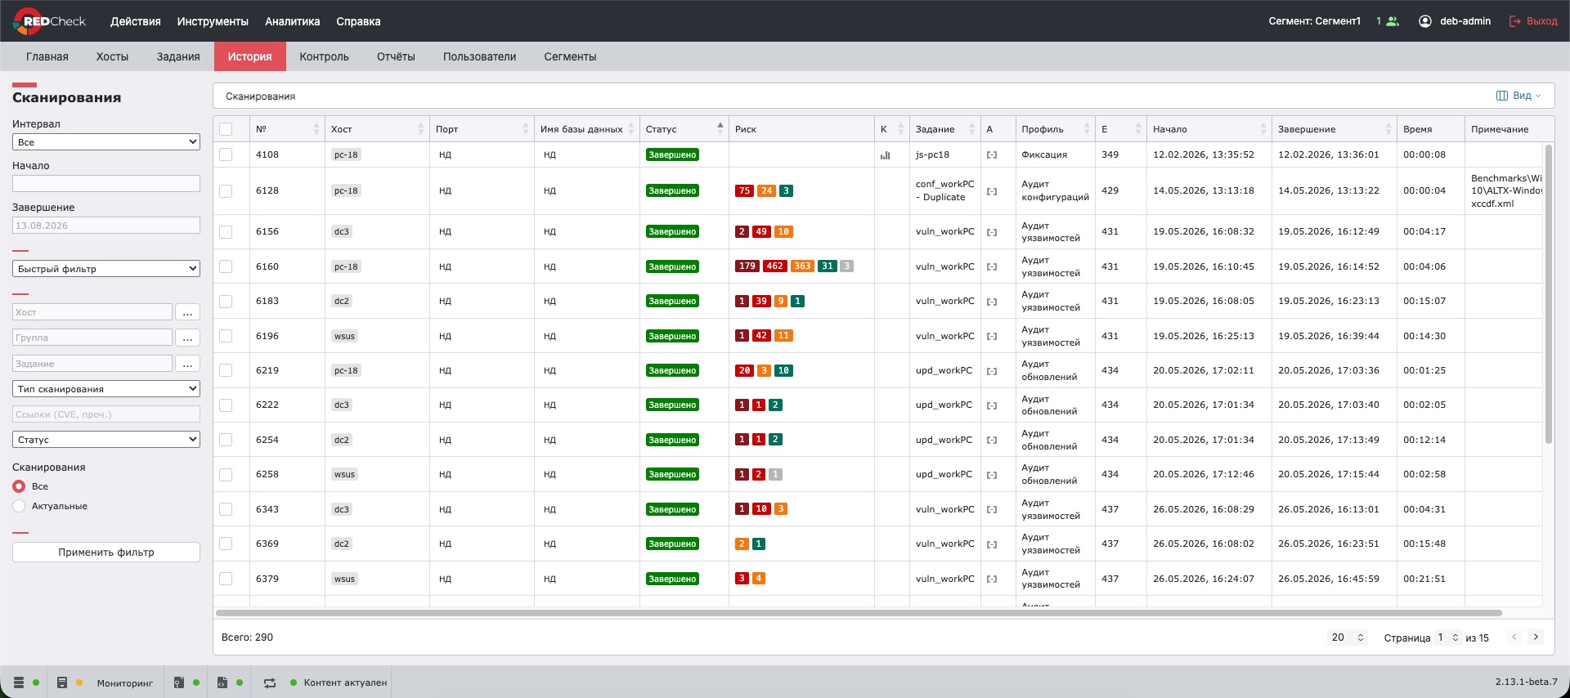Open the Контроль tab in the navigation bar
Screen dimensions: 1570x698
click(324, 56)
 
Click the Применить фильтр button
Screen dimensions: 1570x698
click(106, 553)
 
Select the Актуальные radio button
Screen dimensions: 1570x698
click(19, 507)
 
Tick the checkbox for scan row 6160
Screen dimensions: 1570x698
click(226, 266)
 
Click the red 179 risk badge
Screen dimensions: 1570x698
click(747, 266)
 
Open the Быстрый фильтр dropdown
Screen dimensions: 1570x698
click(106, 269)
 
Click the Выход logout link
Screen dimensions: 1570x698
click(1533, 21)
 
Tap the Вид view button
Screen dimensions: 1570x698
click(1518, 96)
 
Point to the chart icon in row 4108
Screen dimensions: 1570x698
click(885, 155)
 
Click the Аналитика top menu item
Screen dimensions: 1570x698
click(292, 21)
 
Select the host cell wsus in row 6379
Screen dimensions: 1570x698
click(344, 579)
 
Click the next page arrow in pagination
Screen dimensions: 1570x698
click(1536, 638)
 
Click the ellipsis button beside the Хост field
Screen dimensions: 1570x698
click(187, 312)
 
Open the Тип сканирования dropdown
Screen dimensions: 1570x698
click(106, 389)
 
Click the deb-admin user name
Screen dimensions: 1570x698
click(1465, 21)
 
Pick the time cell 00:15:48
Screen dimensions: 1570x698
click(1424, 544)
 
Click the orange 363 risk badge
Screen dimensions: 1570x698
click(802, 266)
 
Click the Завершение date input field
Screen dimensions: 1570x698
click(106, 226)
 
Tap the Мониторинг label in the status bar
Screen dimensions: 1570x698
click(125, 683)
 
